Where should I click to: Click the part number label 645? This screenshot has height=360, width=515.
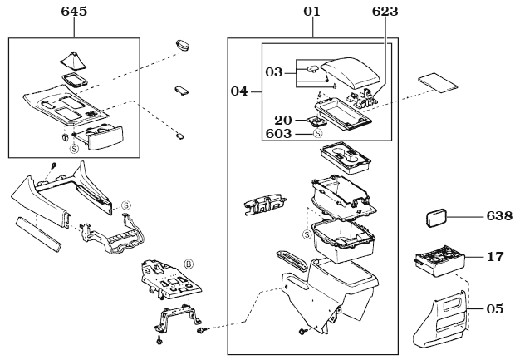(x=74, y=12)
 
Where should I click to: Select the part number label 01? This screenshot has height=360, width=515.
(x=311, y=12)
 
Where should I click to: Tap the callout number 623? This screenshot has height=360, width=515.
(x=385, y=12)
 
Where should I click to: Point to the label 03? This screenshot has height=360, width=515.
(x=274, y=72)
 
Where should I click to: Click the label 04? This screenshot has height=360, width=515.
(x=239, y=91)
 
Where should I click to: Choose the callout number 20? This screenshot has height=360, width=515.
(x=283, y=121)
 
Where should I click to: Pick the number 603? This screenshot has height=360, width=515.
(x=278, y=134)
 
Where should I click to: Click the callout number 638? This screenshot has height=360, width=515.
(x=499, y=216)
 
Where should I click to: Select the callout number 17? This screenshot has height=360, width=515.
(x=495, y=257)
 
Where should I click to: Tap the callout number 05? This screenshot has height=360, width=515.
(x=495, y=309)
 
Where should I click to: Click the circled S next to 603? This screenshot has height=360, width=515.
(x=317, y=134)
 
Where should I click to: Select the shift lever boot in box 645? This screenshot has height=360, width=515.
(x=73, y=62)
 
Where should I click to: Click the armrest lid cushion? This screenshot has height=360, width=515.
(x=351, y=73)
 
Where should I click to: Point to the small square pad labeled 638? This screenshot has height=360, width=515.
(x=436, y=217)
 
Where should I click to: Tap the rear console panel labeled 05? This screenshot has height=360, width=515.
(x=440, y=319)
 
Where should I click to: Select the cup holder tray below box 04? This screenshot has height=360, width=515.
(x=346, y=157)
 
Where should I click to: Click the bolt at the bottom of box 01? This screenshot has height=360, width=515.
(x=302, y=332)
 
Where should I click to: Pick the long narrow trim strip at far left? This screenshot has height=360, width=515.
(x=38, y=234)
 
